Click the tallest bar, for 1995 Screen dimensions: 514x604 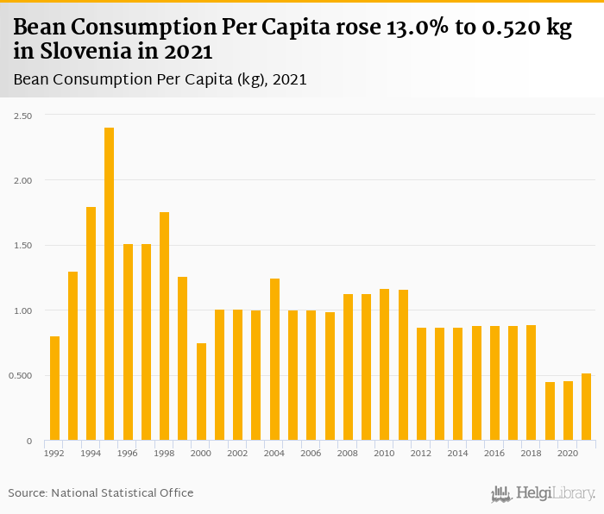(110, 284)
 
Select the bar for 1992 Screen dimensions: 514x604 (54, 388)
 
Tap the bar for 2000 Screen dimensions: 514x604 (201, 392)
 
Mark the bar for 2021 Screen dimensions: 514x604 (586, 407)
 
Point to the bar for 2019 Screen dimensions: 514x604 (550, 411)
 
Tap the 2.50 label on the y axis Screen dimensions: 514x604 (22, 116)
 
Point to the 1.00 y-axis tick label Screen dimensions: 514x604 (22, 310)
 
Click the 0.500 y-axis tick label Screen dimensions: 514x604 (21, 376)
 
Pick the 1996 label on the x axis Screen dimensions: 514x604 (128, 453)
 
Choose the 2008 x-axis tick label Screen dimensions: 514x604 (348, 453)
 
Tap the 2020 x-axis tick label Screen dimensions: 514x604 (568, 453)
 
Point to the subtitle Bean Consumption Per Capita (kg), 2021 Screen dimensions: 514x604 (160, 79)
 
